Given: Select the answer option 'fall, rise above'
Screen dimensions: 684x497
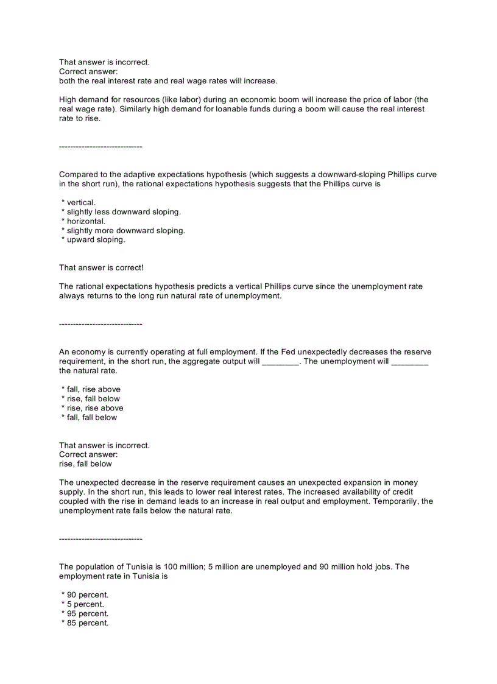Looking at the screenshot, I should (93, 389).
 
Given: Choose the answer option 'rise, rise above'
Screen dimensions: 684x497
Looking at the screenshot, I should (94, 408).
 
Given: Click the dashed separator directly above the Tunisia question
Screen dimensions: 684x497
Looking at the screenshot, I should (100, 539).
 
